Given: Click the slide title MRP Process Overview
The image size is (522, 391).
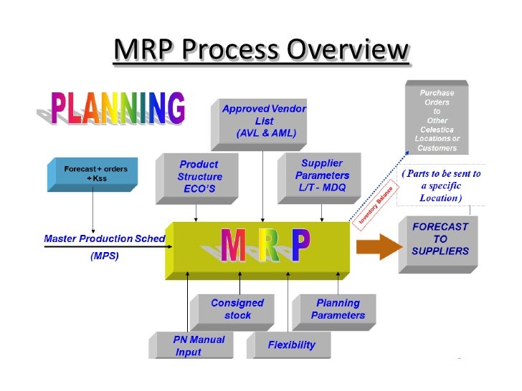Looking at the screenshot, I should [260, 50].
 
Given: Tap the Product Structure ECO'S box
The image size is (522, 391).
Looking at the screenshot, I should [200, 177].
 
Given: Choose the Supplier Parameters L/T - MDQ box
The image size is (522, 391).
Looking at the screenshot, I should [322, 175].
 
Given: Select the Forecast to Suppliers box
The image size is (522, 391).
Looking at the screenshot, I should [440, 240].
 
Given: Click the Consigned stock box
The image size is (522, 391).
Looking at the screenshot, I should [237, 309].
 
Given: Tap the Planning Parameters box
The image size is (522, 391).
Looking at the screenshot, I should [338, 309].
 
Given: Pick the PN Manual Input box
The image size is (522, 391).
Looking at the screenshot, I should [199, 345].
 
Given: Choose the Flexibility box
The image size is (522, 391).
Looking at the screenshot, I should [291, 345].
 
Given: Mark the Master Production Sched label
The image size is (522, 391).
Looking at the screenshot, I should [105, 238].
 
